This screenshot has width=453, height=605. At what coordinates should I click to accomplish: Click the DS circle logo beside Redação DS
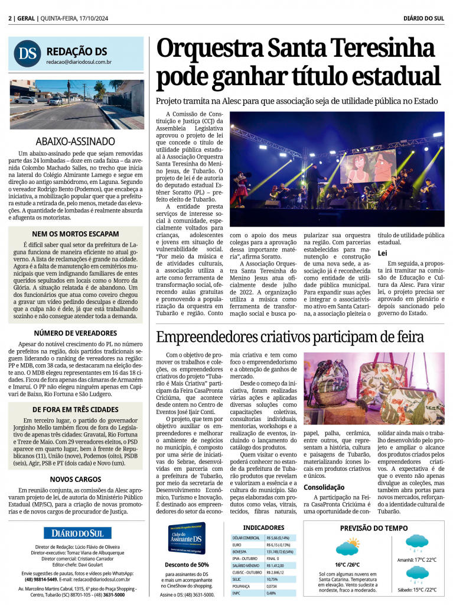(x=27, y=53)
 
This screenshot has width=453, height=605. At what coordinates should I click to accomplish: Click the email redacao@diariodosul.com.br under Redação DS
(x=79, y=62)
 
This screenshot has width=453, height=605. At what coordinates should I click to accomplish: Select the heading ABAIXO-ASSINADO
(x=76, y=141)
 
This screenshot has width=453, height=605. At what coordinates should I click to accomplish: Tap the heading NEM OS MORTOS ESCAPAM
(x=76, y=234)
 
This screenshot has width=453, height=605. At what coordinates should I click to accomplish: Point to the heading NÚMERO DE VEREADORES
(x=76, y=333)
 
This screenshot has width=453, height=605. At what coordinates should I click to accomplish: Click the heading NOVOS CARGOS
(x=76, y=479)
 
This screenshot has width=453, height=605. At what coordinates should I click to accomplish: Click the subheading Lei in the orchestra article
(x=382, y=253)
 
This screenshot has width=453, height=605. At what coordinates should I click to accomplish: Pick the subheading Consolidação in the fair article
(x=324, y=487)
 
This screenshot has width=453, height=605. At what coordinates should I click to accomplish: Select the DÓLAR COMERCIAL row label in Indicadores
(x=246, y=538)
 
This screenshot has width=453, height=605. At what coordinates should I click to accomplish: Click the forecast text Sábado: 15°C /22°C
(x=417, y=590)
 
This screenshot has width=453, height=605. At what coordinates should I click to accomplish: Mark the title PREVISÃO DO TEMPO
(x=374, y=528)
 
